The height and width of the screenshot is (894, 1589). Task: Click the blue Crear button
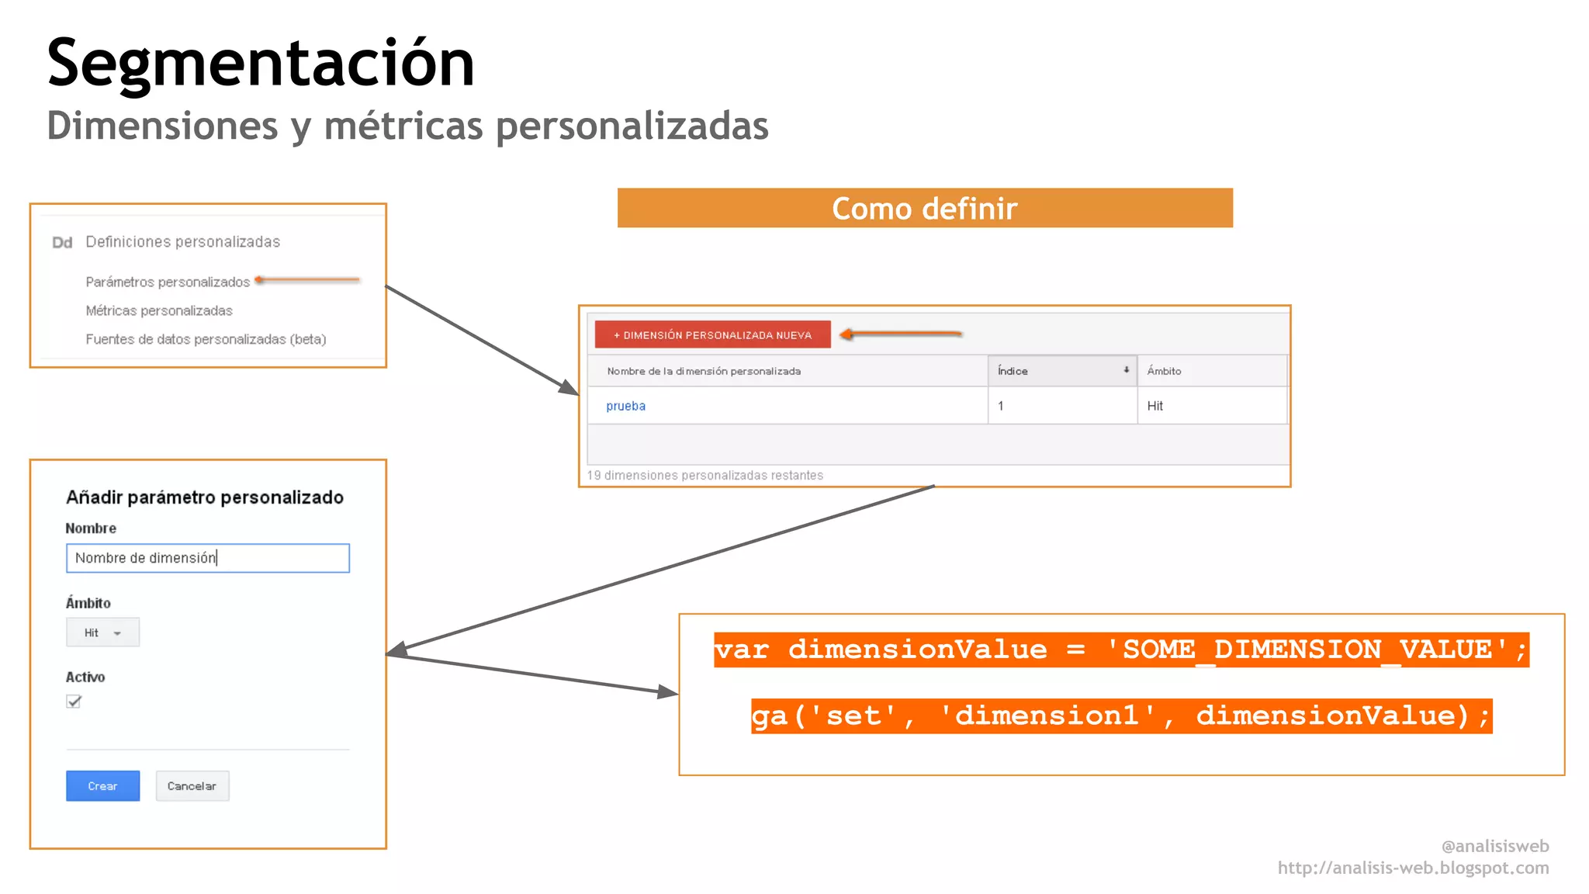click(102, 785)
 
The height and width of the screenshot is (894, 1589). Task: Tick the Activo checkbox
click(74, 702)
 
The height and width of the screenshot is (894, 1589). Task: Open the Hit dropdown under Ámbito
click(102, 632)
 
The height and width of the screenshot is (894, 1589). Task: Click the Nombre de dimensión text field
click(208, 558)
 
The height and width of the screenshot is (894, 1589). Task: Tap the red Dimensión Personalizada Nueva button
click(712, 334)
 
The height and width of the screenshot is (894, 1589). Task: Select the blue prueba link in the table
click(625, 406)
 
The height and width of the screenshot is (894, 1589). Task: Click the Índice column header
click(1061, 371)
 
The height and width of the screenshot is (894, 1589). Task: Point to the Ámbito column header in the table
click(1164, 371)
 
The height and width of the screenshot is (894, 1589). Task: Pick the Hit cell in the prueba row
click(1155, 406)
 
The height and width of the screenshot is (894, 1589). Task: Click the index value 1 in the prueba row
click(1001, 406)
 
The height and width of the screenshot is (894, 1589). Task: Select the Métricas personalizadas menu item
click(159, 310)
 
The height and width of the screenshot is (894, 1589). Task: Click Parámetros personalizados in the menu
click(168, 282)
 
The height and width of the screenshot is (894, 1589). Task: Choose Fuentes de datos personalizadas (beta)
click(206, 339)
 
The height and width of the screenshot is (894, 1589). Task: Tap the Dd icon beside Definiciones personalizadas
click(62, 243)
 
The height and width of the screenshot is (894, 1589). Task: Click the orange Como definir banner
click(925, 208)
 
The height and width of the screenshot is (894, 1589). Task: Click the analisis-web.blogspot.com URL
click(1413, 868)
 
